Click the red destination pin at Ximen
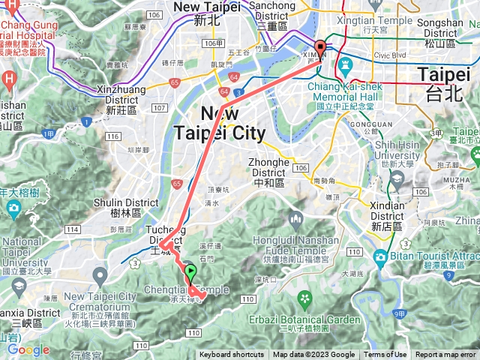[x=320, y=49]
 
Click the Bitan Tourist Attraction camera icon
[x=381, y=259]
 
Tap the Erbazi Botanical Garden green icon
[x=304, y=300]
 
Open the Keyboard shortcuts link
[x=231, y=355]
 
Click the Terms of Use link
[x=385, y=355]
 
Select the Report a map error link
[x=445, y=355]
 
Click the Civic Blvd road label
[x=389, y=55]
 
